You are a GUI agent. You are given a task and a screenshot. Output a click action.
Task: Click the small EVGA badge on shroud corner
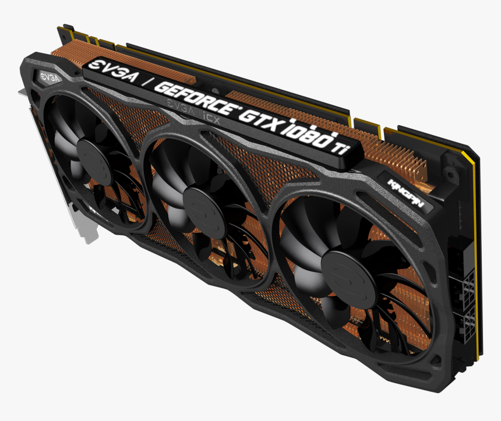[48, 76]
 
